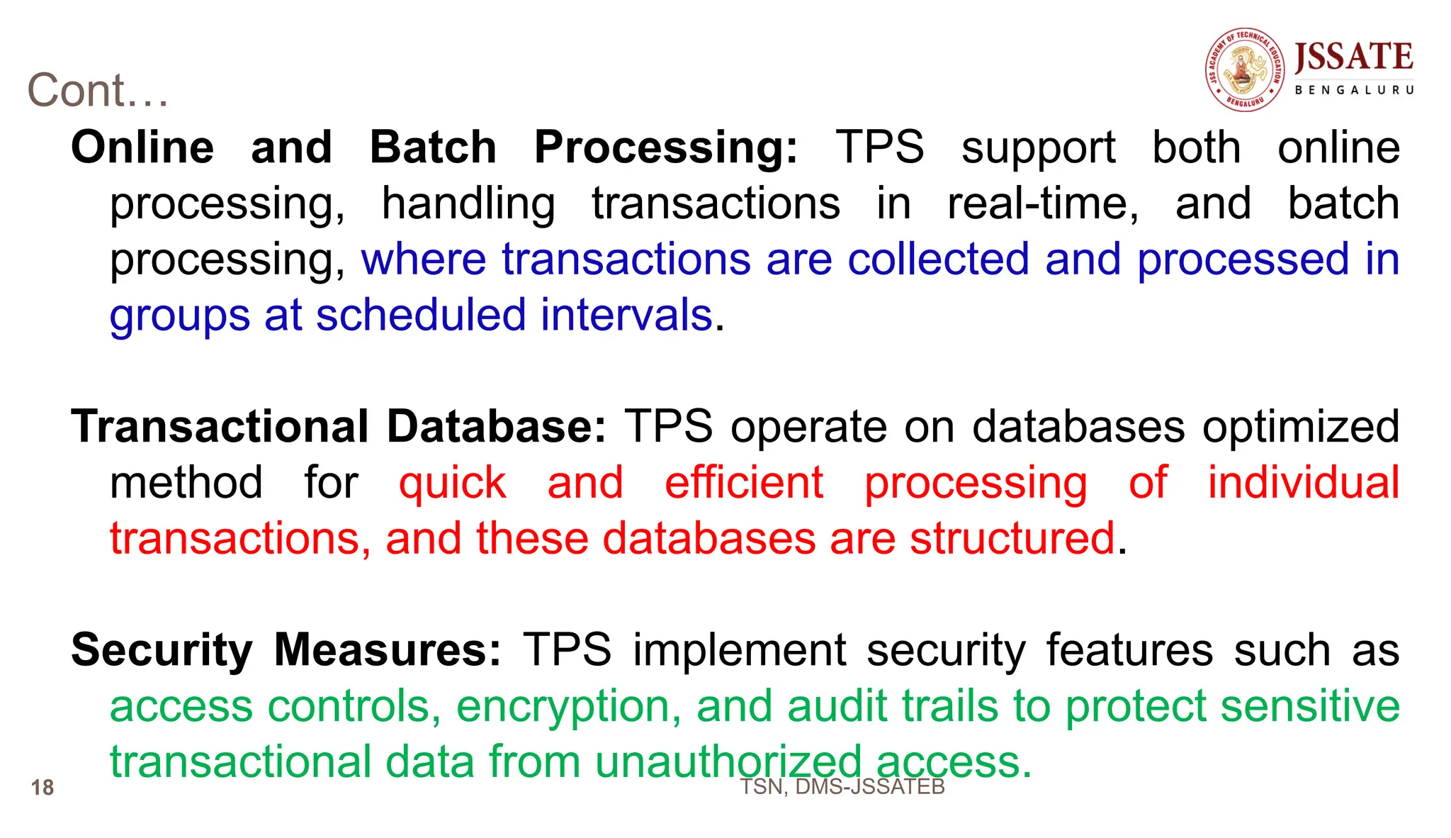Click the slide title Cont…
[98, 91]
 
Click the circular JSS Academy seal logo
[1245, 69]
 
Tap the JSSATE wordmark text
[1353, 57]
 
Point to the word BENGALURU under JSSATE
[1354, 91]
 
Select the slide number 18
[43, 788]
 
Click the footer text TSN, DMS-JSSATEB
[842, 787]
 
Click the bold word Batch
[433, 147]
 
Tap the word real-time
[1042, 203]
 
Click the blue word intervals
[626, 315]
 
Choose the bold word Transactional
[220, 427]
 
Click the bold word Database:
[496, 427]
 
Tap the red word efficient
[744, 483]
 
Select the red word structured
[1012, 539]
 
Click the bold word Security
[162, 651]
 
